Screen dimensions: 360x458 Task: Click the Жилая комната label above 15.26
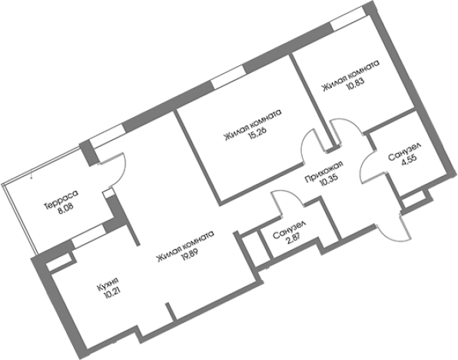pyautogui.click(x=251, y=126)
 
